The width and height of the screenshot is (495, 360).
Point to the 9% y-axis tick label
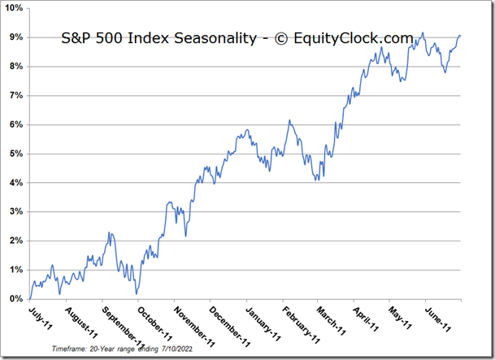coord(15,37)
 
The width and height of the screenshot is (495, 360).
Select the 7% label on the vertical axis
coord(15,96)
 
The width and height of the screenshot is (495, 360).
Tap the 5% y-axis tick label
coord(15,154)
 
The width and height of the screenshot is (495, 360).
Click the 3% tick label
coord(15,211)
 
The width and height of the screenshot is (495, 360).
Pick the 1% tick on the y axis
coord(15,270)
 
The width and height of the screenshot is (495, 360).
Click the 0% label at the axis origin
coord(15,299)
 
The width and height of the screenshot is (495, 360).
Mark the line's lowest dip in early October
coord(137,293)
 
